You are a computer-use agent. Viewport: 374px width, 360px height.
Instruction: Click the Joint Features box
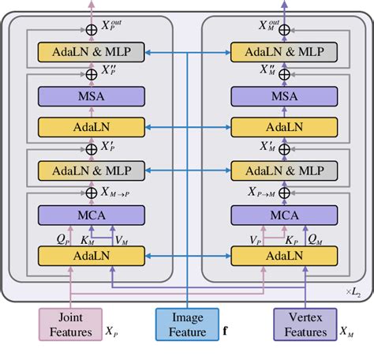[70, 324]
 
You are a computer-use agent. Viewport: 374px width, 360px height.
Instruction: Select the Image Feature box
[186, 324]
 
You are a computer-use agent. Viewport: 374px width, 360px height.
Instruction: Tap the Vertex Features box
[305, 324]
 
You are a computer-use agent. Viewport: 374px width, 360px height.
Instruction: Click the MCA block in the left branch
[92, 214]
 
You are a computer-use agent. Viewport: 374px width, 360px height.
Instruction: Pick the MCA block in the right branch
[283, 214]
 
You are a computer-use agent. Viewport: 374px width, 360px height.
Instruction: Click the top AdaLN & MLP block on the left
[92, 53]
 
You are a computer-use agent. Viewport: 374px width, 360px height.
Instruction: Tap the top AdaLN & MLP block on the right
[283, 53]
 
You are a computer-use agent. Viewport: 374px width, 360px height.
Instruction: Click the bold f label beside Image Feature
[226, 331]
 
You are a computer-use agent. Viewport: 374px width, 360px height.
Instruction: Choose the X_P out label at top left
[114, 25]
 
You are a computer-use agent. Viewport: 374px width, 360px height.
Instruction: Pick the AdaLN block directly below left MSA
[92, 126]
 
